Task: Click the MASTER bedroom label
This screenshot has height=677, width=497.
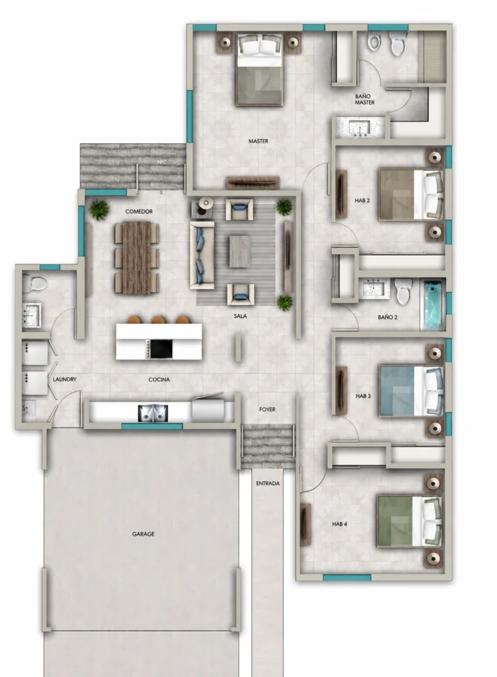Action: click(x=258, y=141)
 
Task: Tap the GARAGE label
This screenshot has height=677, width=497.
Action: click(x=143, y=534)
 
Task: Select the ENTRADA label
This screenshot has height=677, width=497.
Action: click(x=267, y=483)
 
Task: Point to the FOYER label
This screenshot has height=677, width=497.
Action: click(x=267, y=409)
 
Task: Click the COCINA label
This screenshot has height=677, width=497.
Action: click(x=159, y=379)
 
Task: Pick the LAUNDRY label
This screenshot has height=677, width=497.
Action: click(x=64, y=379)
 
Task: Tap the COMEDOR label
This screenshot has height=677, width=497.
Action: click(x=139, y=212)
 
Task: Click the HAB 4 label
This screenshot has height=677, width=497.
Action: click(x=339, y=524)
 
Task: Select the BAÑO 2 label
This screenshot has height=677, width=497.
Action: click(x=387, y=317)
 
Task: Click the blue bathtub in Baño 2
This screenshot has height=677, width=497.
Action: click(x=433, y=304)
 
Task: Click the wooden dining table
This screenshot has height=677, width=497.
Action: click(x=137, y=259)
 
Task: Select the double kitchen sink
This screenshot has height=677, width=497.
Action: click(x=153, y=413)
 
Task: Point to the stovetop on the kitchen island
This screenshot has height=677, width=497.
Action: click(x=160, y=349)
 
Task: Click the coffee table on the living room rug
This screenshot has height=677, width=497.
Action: click(x=240, y=251)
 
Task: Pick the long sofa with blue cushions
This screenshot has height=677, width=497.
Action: click(x=203, y=255)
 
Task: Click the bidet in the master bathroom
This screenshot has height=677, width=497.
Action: click(x=375, y=43)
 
